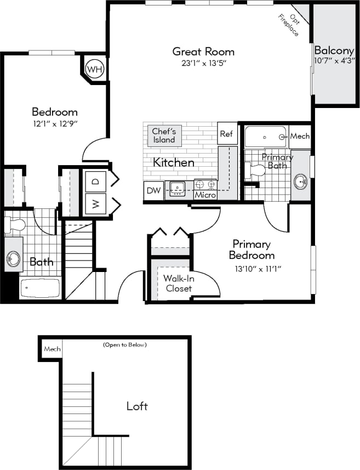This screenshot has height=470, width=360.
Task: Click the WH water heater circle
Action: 94,70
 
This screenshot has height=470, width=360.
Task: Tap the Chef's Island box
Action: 163,135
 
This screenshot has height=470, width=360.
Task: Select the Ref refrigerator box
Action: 227,133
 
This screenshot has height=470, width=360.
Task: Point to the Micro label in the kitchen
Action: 205,195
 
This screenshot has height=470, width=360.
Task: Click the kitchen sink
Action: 178,189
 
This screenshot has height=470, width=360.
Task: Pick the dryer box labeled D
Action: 95,180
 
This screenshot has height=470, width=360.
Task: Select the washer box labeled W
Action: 95,204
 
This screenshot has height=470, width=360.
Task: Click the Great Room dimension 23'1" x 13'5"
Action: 204,63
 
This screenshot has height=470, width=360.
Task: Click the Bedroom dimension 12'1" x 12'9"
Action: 54,123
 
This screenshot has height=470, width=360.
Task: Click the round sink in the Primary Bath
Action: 300,181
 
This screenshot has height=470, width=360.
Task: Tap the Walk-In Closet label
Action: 178,283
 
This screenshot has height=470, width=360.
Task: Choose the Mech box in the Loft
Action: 52,349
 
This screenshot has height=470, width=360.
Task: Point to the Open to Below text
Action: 124,345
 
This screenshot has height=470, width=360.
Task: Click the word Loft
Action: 137,406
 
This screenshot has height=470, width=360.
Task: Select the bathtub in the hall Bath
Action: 40,287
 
